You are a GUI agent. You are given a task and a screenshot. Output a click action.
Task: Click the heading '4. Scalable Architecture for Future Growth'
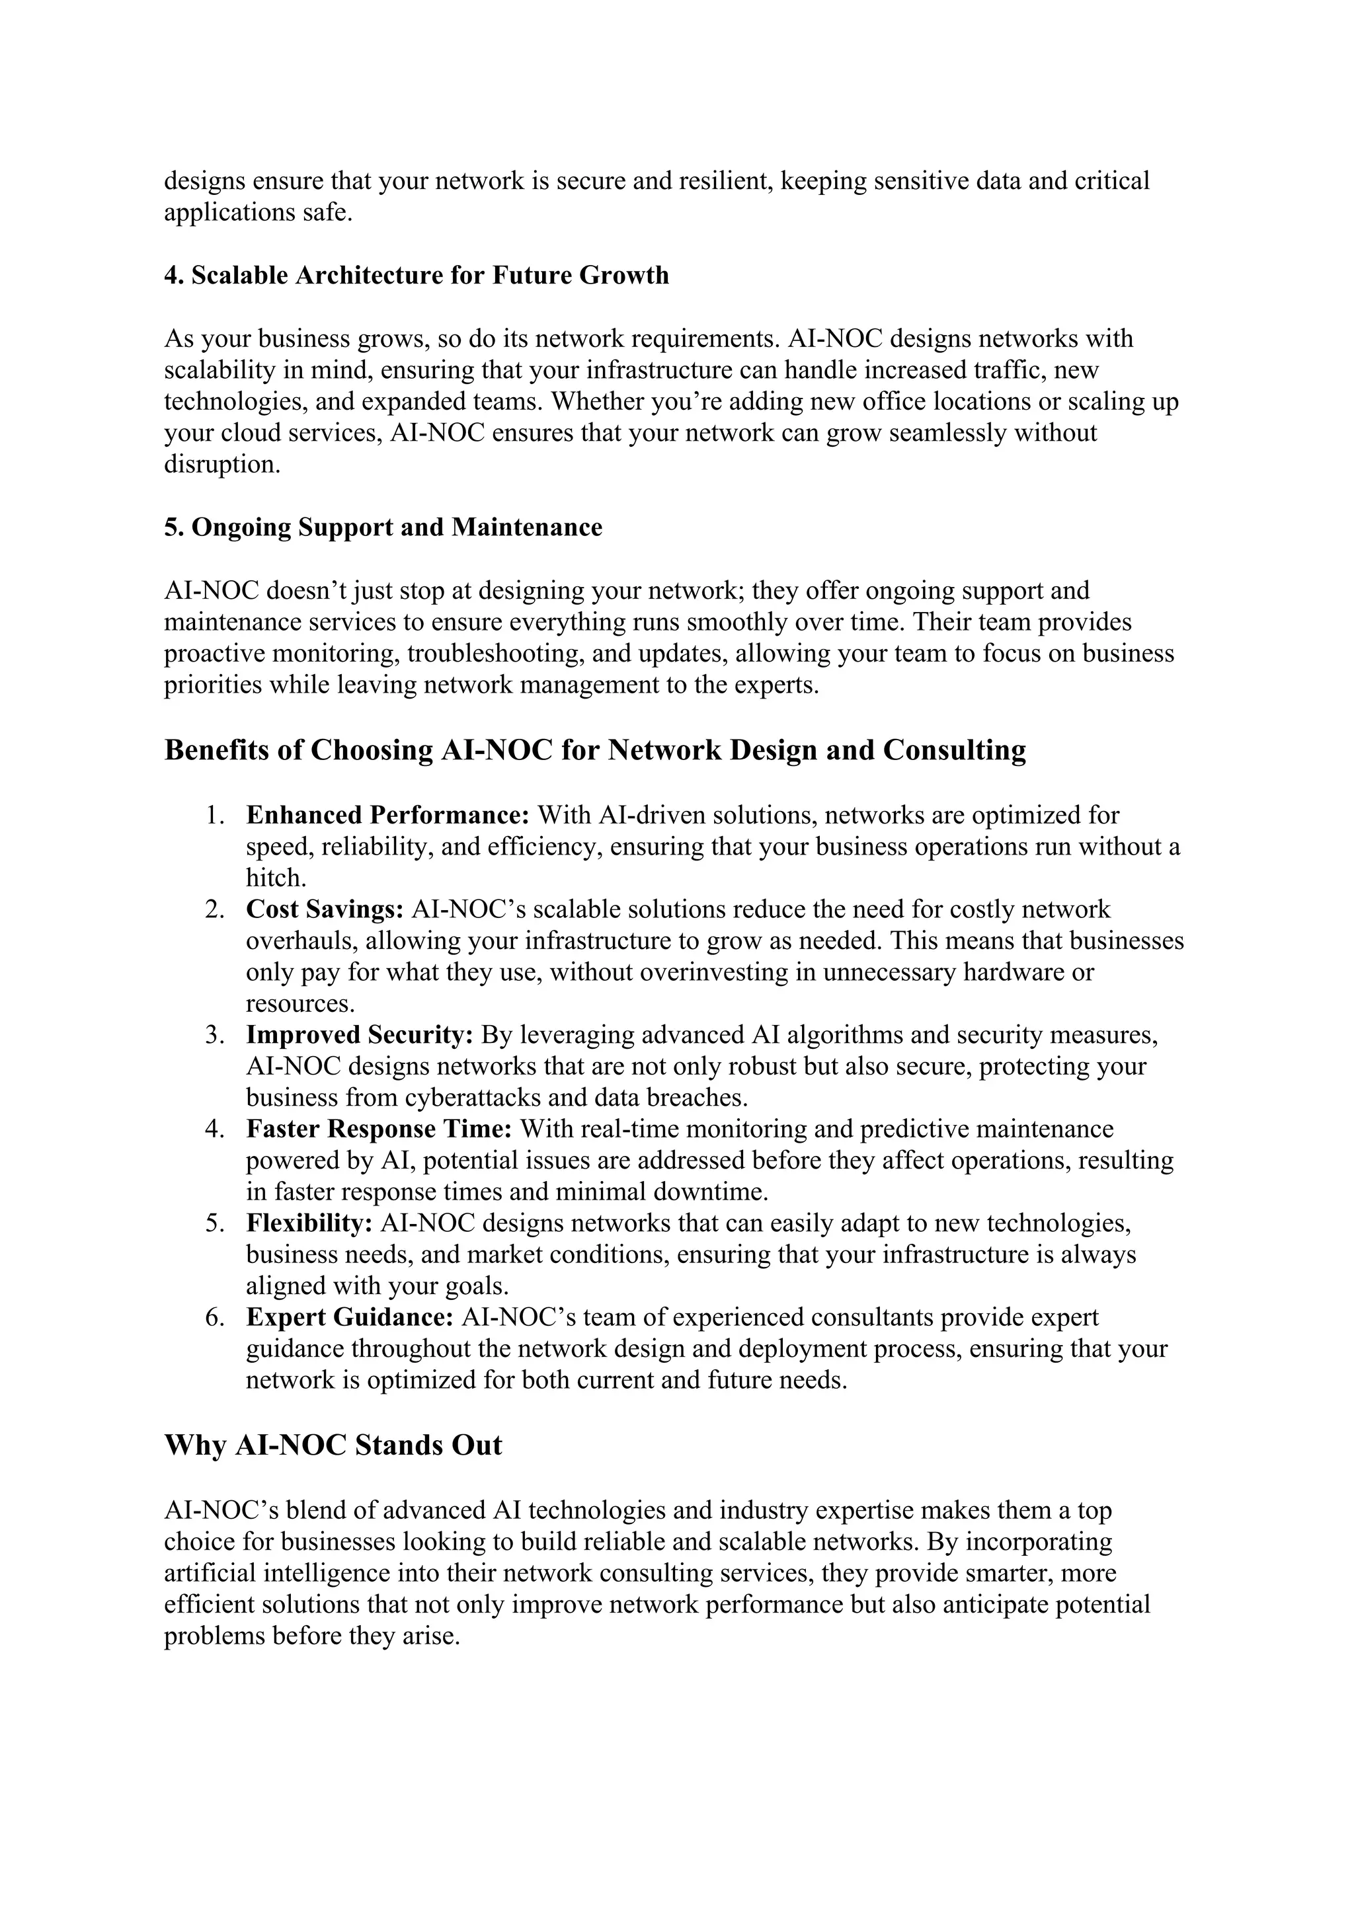click(x=416, y=275)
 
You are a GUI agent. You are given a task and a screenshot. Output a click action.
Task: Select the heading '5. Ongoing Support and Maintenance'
click(x=383, y=527)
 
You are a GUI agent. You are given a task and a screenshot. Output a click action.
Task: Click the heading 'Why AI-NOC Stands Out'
click(x=333, y=1445)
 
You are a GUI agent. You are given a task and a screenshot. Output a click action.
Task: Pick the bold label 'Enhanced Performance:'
click(x=387, y=814)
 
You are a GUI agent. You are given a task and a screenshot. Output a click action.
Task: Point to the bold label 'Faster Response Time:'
click(x=379, y=1129)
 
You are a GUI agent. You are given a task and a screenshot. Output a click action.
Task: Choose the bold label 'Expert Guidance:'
click(x=349, y=1317)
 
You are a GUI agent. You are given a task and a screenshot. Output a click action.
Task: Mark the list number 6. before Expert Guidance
click(x=215, y=1317)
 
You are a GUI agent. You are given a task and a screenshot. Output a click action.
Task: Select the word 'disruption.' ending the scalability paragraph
click(x=221, y=465)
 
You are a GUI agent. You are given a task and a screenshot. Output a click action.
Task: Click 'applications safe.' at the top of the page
click(x=259, y=213)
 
